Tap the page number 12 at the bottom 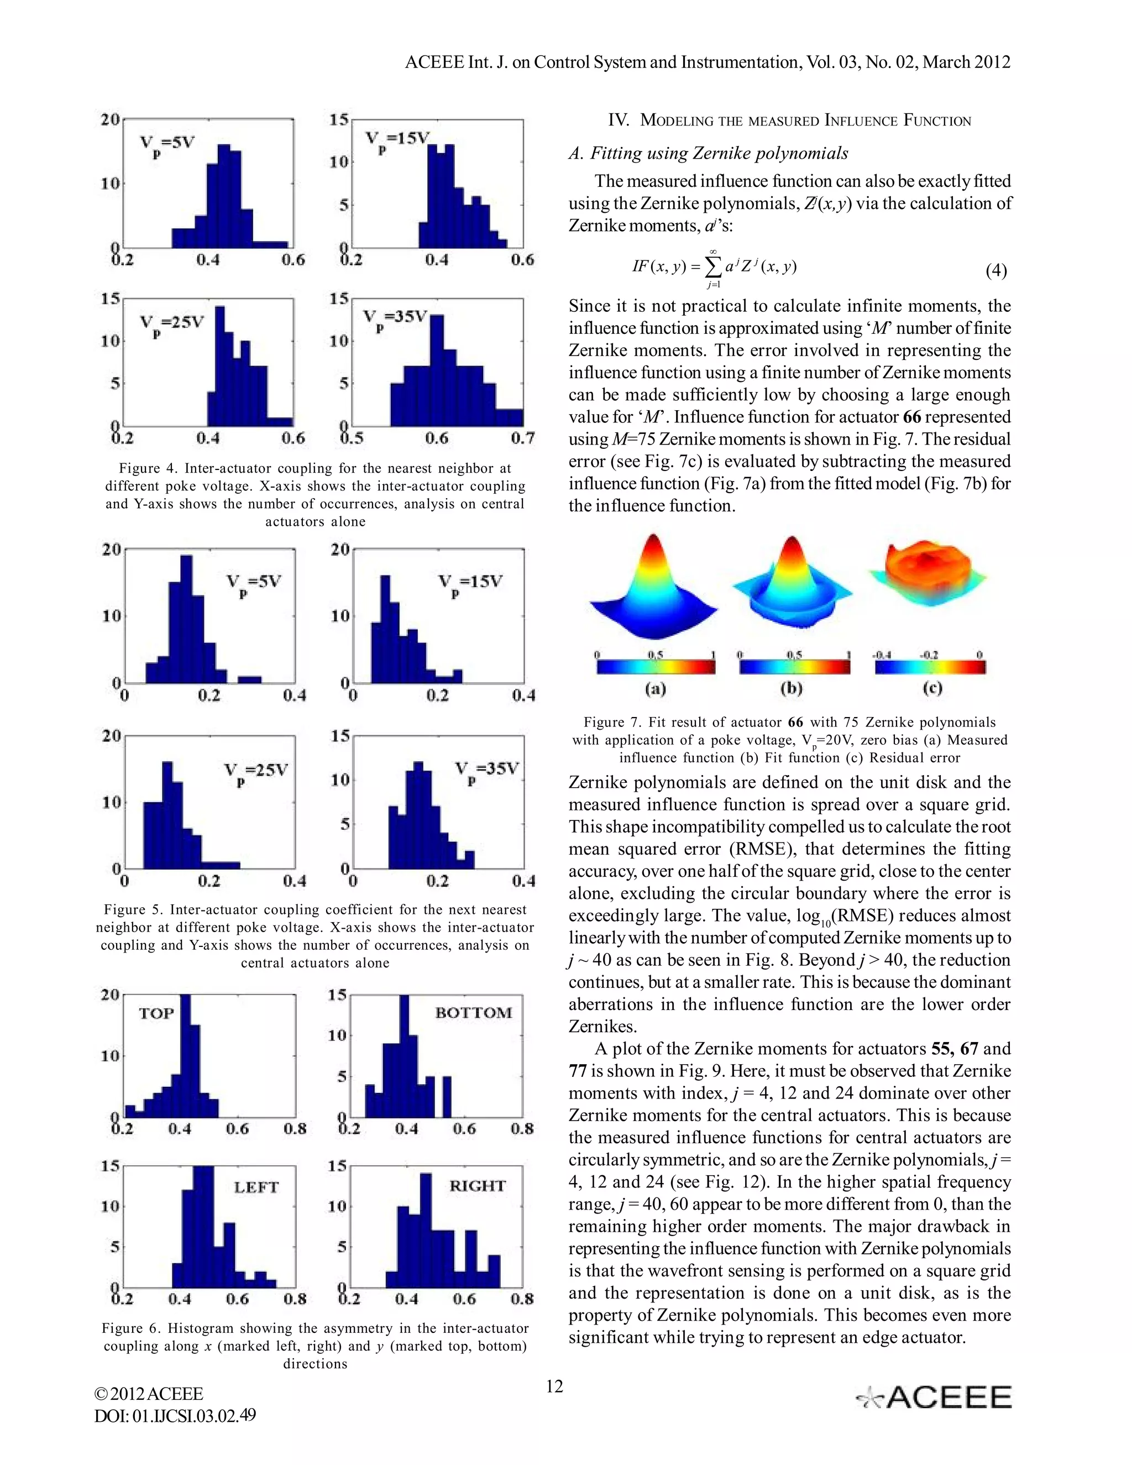pos(554,1386)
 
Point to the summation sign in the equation pos(714,268)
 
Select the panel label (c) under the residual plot pos(931,688)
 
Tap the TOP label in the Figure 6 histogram pos(156,1013)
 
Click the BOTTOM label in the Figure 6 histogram pos(474,1012)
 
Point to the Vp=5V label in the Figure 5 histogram pos(253,582)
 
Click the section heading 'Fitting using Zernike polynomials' pos(708,153)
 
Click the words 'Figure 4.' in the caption pos(148,468)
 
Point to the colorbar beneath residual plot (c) pos(930,667)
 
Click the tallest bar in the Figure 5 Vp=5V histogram pos(186,617)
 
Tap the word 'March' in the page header pos(945,62)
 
